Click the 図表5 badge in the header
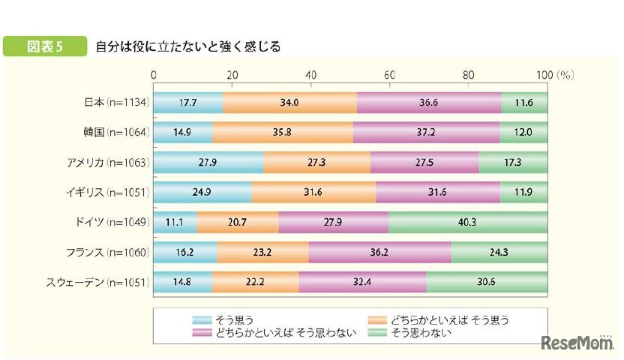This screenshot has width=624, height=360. [46, 46]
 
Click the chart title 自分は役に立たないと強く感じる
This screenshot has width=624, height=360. [188, 46]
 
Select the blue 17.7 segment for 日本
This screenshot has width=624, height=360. [188, 102]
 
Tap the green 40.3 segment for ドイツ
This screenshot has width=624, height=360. [468, 222]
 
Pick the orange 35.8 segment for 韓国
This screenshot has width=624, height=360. [282, 132]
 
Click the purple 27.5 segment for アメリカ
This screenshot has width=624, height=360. [424, 162]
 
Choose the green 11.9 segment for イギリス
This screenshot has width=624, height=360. [523, 192]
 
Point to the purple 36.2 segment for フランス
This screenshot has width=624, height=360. [379, 252]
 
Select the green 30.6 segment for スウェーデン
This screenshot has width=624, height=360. [487, 282]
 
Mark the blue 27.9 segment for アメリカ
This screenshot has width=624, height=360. [208, 162]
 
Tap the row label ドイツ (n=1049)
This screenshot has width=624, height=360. [114, 222]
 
